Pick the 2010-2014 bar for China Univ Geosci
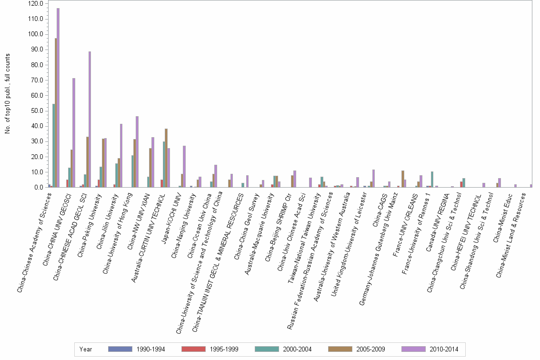point(74,133)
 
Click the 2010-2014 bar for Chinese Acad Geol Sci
point(90,120)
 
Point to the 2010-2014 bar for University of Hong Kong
point(137,152)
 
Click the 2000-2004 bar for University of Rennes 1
point(432,180)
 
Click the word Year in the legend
point(86,349)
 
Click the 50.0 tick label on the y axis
point(37,111)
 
